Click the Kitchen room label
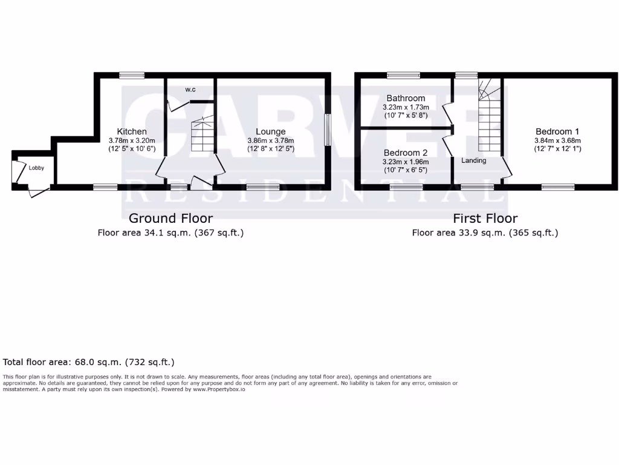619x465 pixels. click(x=132, y=131)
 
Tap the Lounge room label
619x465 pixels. click(x=270, y=131)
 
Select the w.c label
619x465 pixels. click(x=190, y=90)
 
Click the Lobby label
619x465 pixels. click(x=36, y=168)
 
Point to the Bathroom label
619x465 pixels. click(x=406, y=98)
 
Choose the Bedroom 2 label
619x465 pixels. click(x=406, y=153)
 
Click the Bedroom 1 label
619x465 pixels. click(x=557, y=131)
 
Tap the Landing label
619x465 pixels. click(x=474, y=160)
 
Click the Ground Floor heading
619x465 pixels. click(x=170, y=218)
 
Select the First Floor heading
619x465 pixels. click(x=485, y=218)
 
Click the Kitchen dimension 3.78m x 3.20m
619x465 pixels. click(x=132, y=140)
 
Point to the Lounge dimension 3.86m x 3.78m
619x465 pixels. click(x=270, y=140)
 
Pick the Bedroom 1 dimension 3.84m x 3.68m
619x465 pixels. click(x=557, y=140)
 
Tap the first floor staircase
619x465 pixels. click(x=490, y=118)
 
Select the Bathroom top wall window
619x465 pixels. click(x=403, y=75)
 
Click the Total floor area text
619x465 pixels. click(x=89, y=362)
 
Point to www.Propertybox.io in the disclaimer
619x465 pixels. click(x=219, y=389)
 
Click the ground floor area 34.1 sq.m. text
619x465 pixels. click(x=170, y=232)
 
